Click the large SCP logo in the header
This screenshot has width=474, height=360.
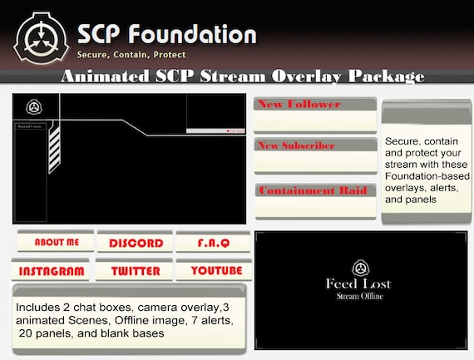[38, 36]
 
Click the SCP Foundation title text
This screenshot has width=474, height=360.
[166, 34]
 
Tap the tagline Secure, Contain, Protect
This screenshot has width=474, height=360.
[131, 55]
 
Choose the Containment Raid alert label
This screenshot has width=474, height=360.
[311, 190]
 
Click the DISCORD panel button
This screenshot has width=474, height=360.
[136, 243]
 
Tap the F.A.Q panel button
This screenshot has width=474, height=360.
[213, 243]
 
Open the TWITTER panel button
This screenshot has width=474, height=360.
[135, 271]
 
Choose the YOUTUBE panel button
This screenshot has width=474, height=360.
[216, 271]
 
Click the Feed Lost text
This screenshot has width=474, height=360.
[358, 284]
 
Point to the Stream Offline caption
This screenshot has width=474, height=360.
[358, 297]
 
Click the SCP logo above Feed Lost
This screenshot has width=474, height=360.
[359, 268]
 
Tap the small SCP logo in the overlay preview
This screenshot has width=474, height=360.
[34, 106]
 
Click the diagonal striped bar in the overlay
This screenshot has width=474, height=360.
[55, 150]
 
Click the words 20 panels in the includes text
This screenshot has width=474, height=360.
[44, 332]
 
